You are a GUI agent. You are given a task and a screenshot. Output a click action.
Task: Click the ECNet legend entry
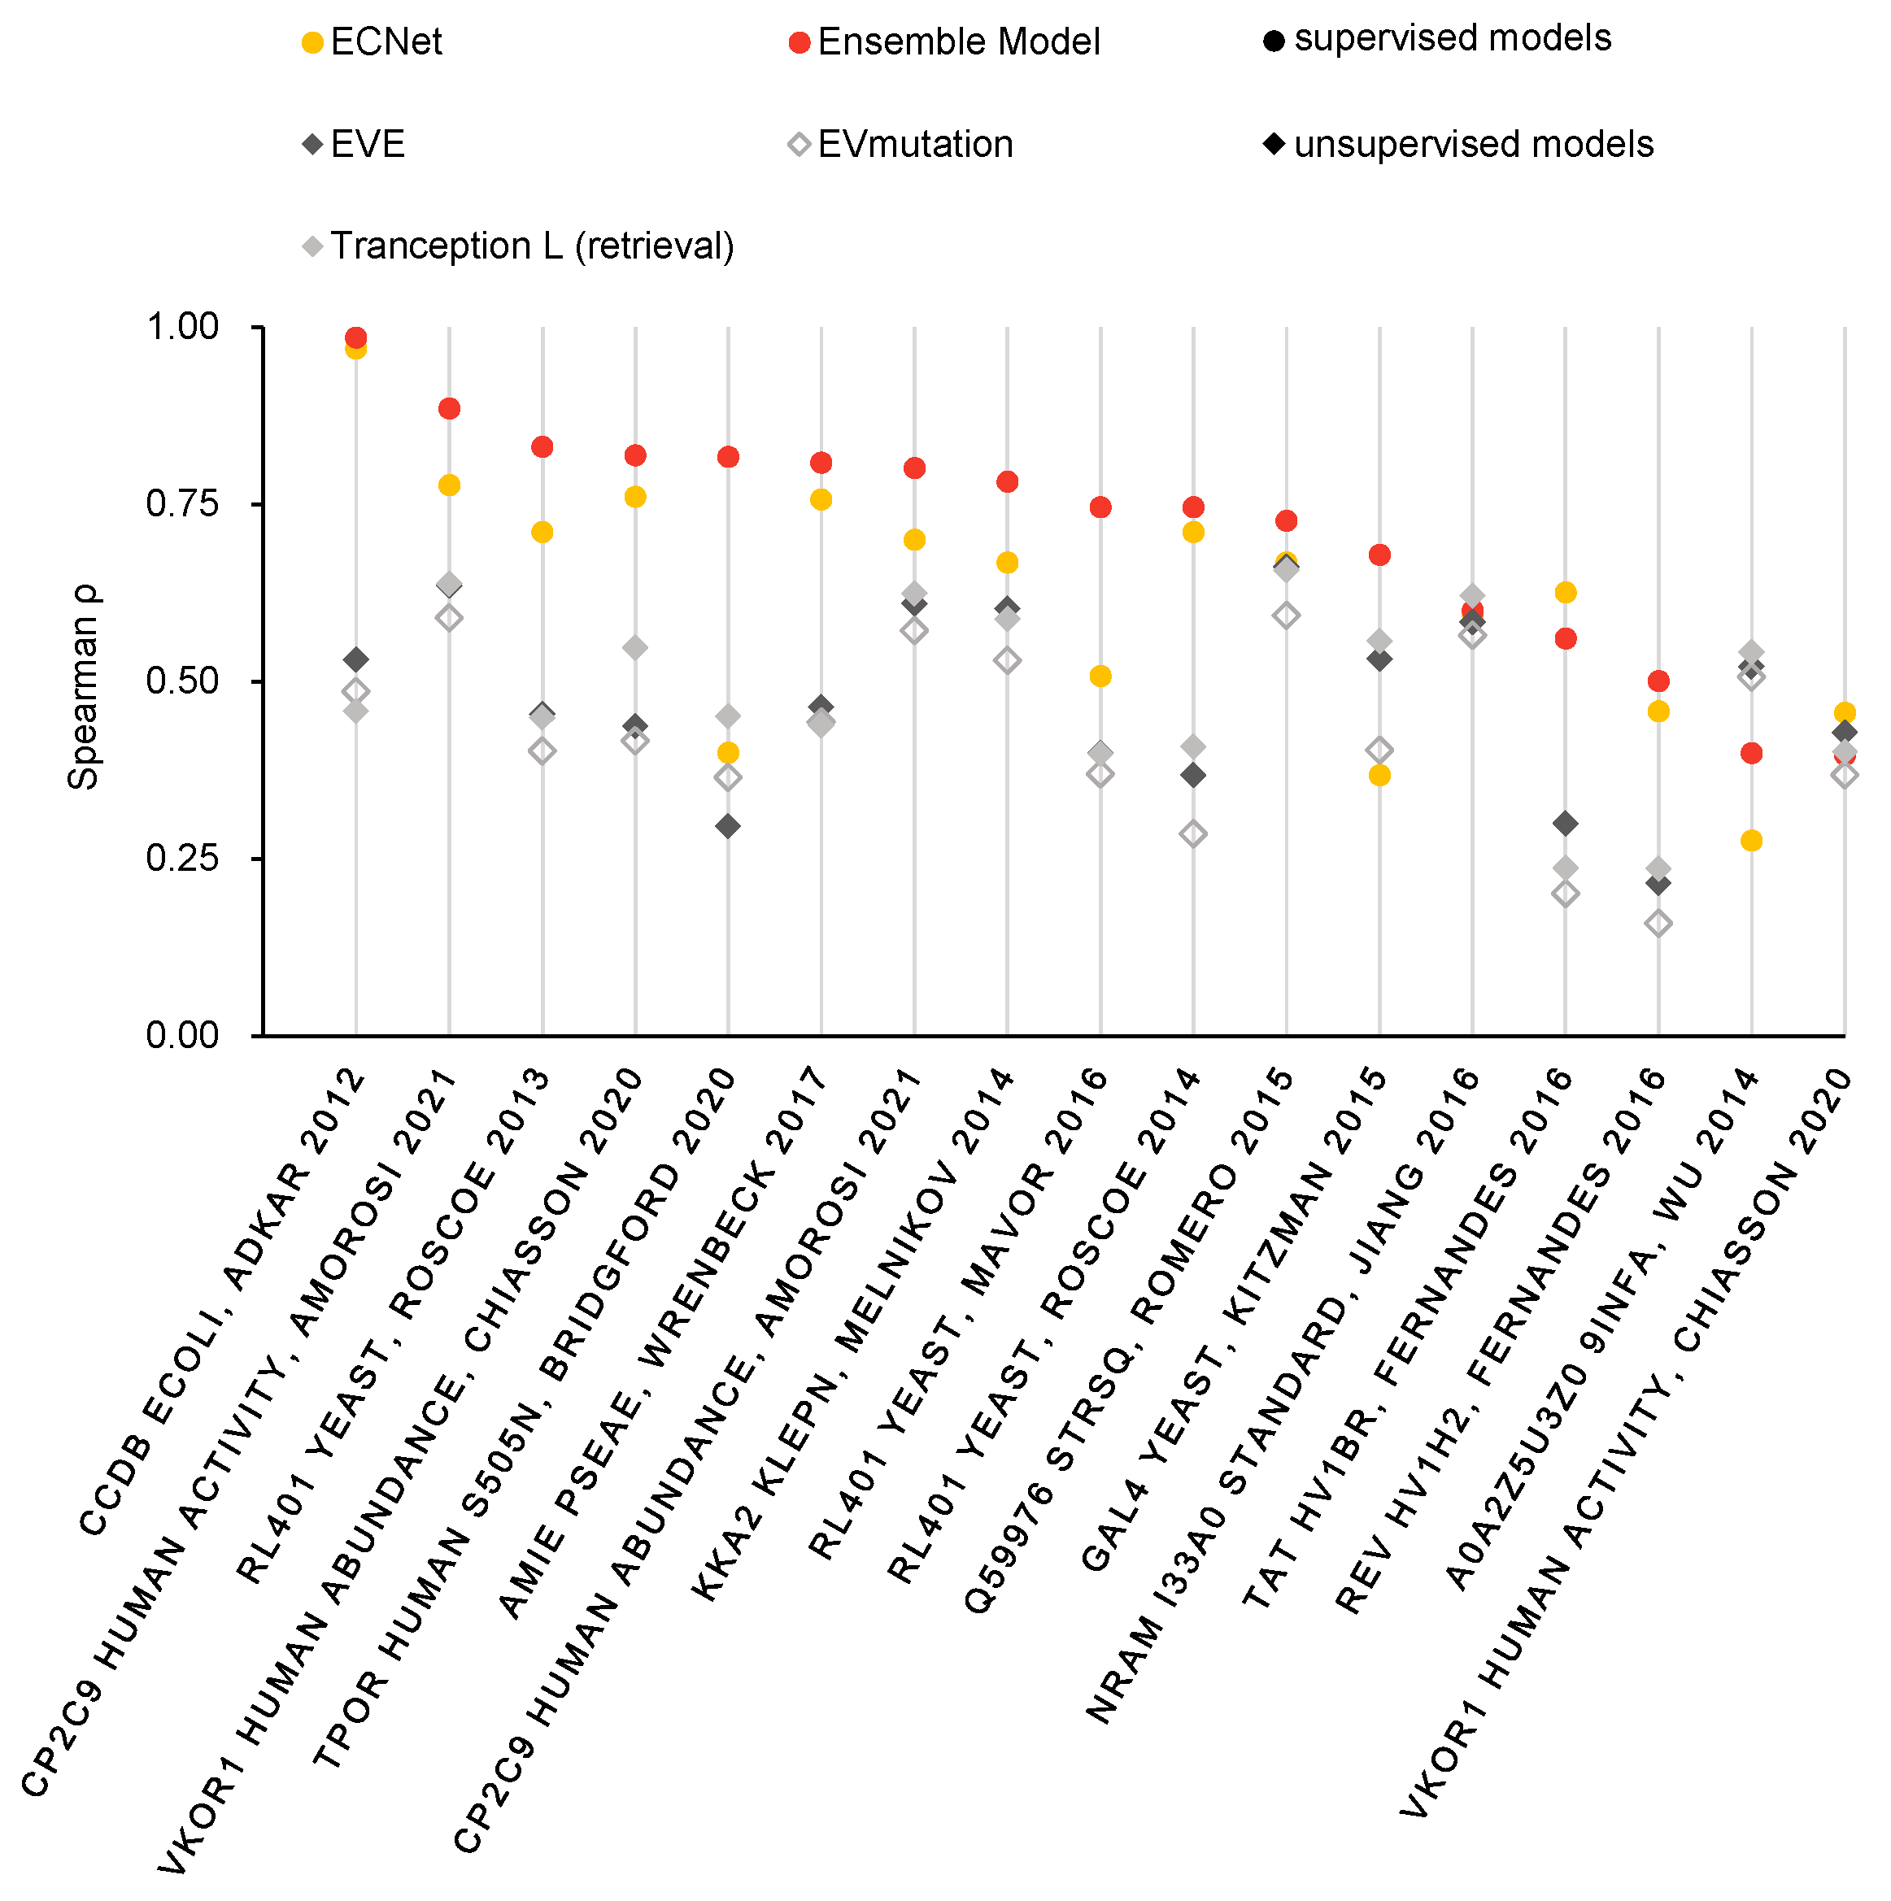(372, 42)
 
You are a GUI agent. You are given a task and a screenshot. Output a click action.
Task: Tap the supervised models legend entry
(1438, 39)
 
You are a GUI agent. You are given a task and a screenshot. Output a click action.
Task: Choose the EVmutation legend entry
(900, 145)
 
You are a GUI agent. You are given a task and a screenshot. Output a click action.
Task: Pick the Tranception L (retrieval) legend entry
(519, 246)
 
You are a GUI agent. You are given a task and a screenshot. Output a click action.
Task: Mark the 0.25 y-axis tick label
(182, 858)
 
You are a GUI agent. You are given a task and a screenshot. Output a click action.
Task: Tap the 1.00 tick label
(182, 327)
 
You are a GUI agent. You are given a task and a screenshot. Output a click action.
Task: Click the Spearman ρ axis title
(84, 687)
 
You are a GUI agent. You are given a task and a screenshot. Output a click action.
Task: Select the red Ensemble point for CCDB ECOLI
(356, 337)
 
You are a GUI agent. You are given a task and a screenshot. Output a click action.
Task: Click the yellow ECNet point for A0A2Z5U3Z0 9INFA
(1751, 840)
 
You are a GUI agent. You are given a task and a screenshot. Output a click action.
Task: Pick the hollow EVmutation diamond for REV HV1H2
(1658, 923)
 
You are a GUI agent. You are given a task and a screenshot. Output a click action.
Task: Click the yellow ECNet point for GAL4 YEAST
(1380, 776)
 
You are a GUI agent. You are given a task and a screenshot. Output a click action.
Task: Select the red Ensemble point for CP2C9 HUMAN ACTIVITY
(449, 408)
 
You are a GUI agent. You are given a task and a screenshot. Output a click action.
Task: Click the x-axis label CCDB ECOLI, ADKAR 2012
(220, 1303)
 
